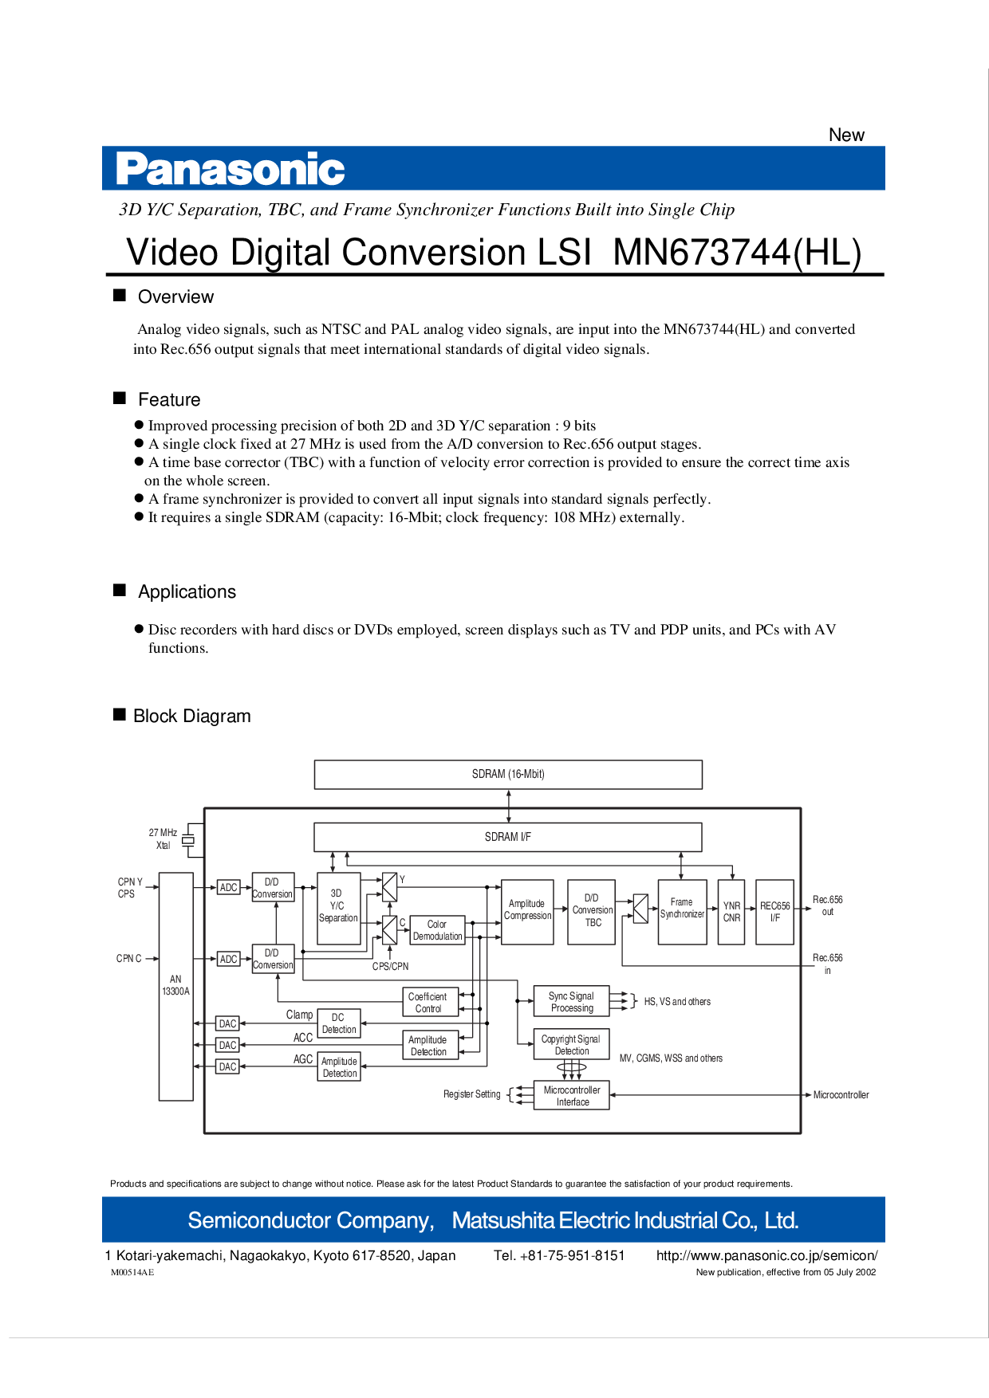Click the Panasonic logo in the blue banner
(x=231, y=169)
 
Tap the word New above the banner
(x=846, y=135)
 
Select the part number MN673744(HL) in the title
(x=737, y=252)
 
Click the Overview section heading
(x=175, y=296)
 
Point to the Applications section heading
(x=187, y=591)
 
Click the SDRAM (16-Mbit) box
(x=508, y=774)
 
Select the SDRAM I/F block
(x=508, y=837)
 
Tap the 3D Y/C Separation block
(x=338, y=908)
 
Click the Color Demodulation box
(x=437, y=930)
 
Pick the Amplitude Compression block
(x=527, y=912)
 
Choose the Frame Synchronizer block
(x=682, y=912)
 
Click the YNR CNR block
(x=731, y=912)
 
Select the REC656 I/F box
(x=774, y=912)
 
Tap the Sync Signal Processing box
(x=571, y=1001)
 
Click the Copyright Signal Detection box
(x=571, y=1044)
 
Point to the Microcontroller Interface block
(x=571, y=1095)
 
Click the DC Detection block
(x=339, y=1023)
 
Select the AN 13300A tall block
(x=175, y=987)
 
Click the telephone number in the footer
(x=559, y=1255)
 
